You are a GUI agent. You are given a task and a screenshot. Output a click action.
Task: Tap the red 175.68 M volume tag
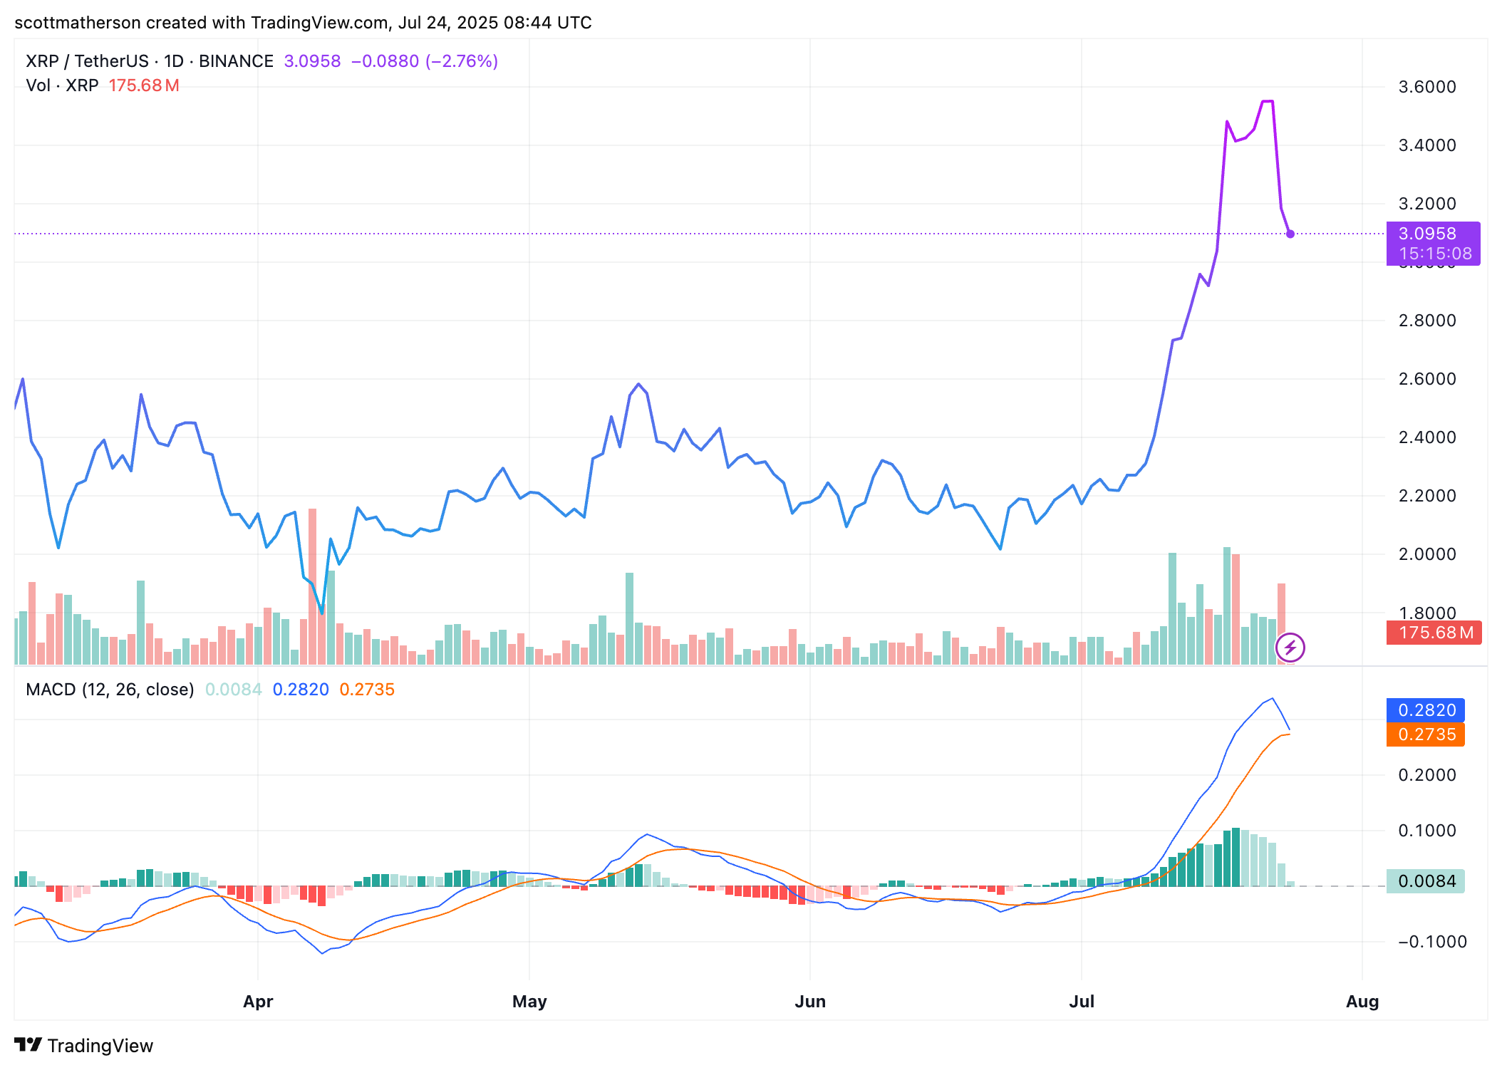[x=1434, y=633]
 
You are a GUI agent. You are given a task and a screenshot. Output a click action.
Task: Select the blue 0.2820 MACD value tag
[x=1425, y=710]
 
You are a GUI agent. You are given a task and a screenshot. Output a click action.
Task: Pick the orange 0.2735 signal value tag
[x=1425, y=734]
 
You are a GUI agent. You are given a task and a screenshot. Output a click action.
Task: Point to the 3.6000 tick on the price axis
[x=1427, y=87]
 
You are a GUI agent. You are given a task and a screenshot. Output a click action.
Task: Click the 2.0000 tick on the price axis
[x=1427, y=554]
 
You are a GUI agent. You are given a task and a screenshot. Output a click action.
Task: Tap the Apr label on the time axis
[x=258, y=1002]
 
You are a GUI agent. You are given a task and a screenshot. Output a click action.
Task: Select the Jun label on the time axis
[x=810, y=1002]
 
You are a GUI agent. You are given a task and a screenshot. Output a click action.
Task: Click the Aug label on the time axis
[x=1362, y=1002]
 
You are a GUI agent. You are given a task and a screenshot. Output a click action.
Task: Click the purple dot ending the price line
[x=1290, y=234]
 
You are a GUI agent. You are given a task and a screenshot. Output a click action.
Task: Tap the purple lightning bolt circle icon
[x=1290, y=648]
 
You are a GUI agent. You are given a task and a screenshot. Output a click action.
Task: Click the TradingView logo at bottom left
[x=84, y=1046]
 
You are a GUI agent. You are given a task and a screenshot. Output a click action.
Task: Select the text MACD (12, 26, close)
[x=110, y=690]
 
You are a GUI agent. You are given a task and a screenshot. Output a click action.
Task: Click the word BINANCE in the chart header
[x=236, y=61]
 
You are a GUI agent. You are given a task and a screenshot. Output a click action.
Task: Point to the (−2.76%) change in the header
[x=462, y=61]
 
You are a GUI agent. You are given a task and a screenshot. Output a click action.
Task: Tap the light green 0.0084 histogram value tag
[x=1425, y=881]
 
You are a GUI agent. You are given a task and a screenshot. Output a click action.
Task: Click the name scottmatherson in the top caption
[x=78, y=23]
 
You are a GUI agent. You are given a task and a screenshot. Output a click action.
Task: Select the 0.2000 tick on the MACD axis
[x=1427, y=775]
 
